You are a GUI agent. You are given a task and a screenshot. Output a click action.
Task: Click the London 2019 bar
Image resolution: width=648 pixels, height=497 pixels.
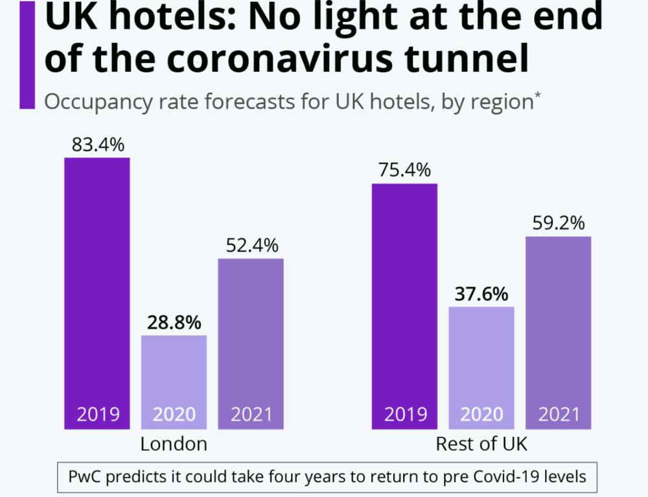97,292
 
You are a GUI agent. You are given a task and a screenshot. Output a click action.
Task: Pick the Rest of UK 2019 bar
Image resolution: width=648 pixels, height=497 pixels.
404,306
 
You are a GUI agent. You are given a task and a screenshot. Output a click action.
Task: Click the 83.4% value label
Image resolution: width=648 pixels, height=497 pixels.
97,145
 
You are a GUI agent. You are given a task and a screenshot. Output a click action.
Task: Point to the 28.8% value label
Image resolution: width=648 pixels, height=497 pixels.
174,322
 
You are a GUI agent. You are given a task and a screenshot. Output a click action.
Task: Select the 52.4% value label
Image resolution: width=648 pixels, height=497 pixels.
251,246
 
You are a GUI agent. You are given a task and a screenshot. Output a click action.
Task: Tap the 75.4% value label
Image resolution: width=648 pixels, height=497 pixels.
404,171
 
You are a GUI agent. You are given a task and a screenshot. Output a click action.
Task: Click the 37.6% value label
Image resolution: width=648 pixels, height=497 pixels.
481,294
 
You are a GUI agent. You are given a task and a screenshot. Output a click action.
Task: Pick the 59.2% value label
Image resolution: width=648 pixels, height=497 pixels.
558,223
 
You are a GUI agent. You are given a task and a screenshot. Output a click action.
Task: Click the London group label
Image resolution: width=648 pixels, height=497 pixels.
174,444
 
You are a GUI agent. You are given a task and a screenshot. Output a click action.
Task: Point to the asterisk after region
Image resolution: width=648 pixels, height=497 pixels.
537,97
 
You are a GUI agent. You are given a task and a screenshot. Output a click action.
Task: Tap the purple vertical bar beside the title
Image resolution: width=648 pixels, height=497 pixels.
27,55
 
